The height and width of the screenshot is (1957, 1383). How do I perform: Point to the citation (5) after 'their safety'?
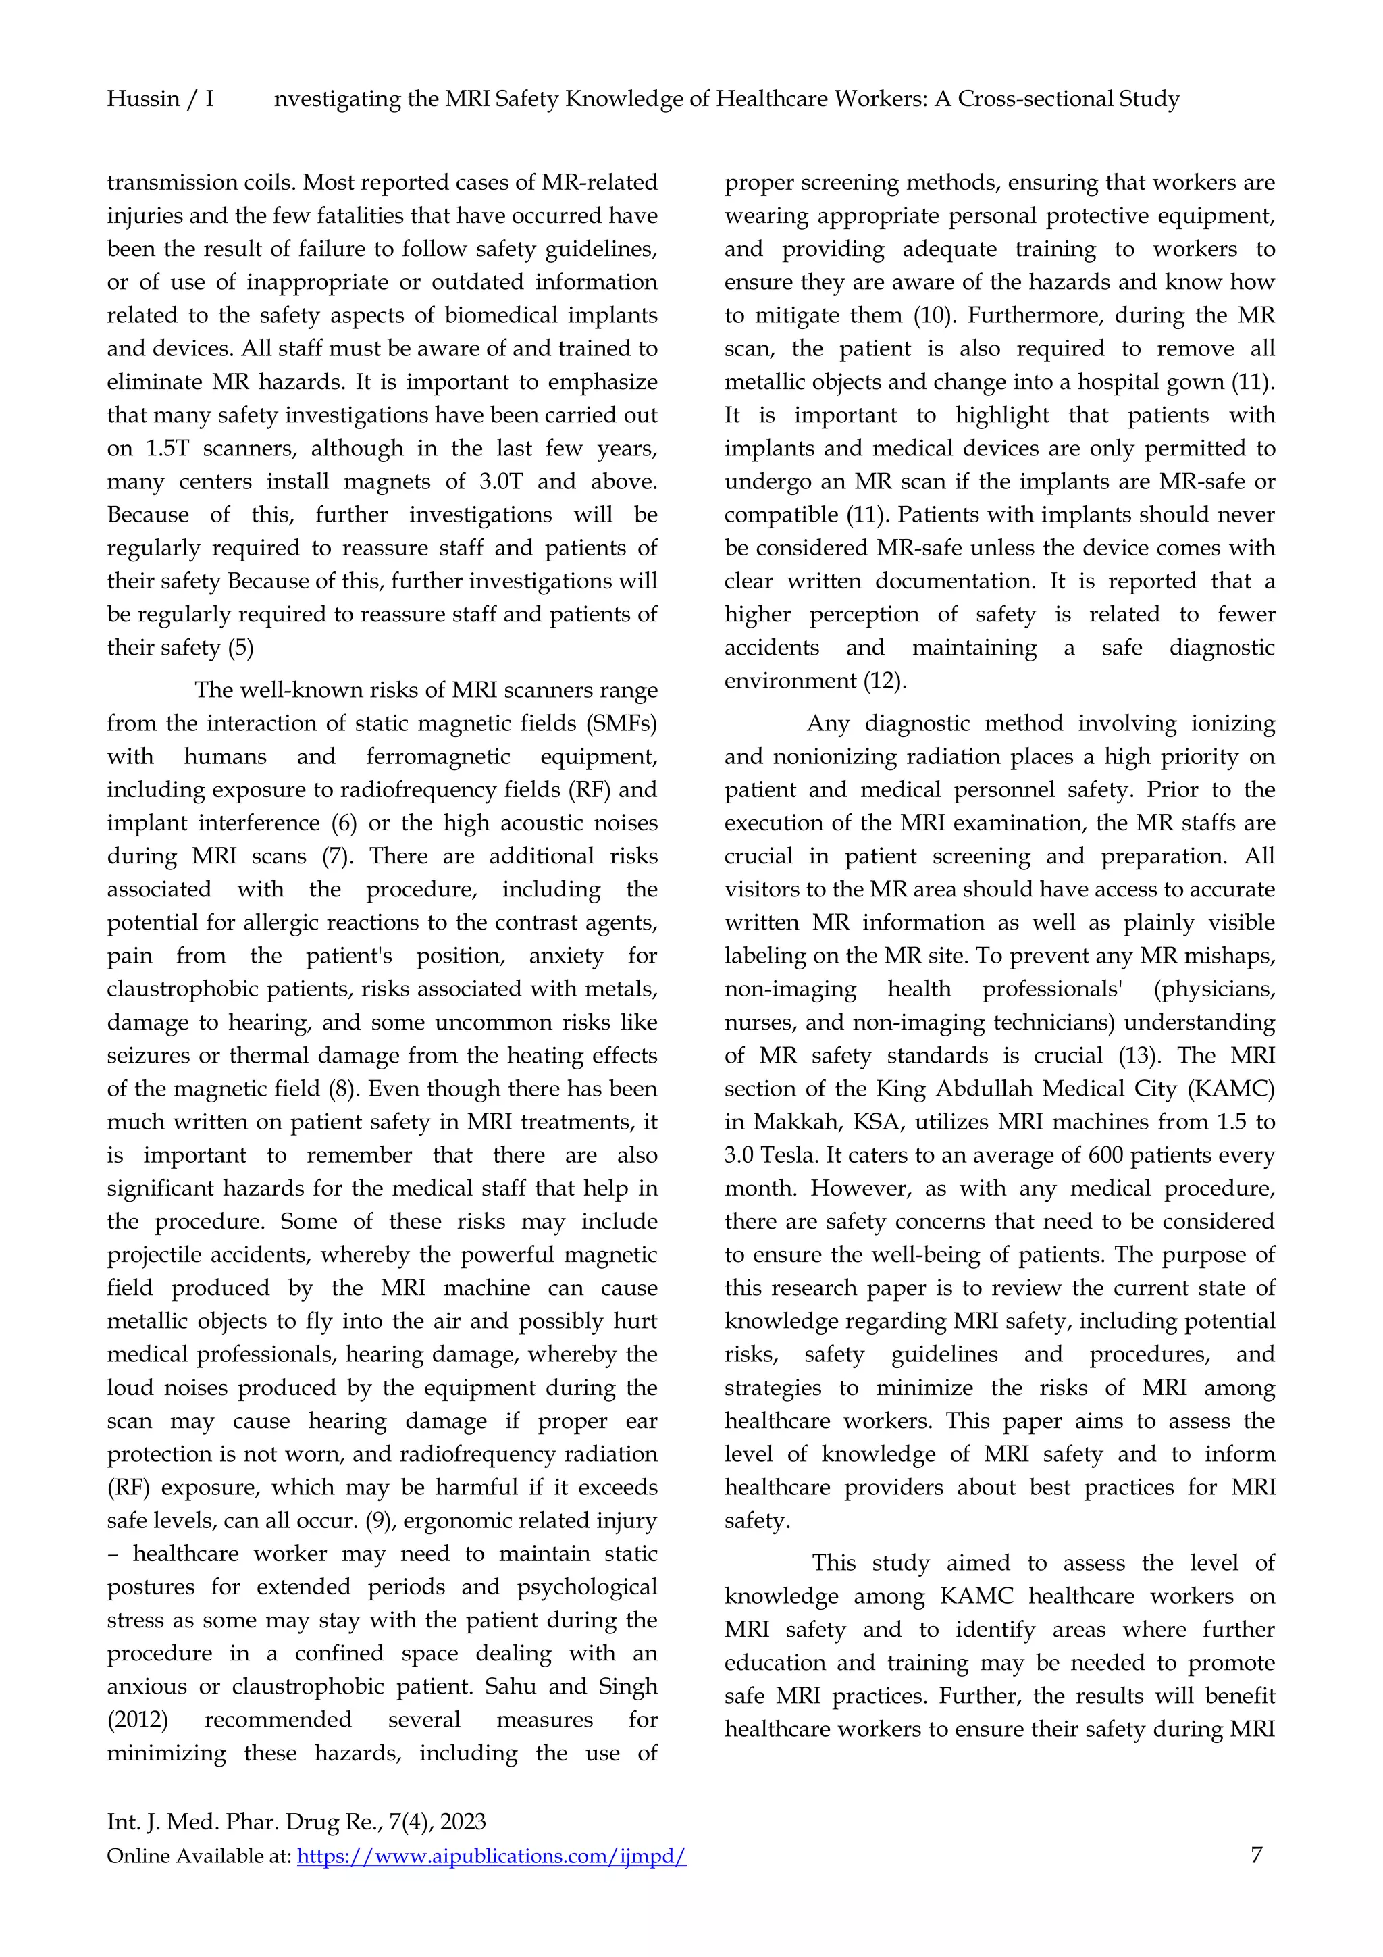[x=240, y=648]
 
